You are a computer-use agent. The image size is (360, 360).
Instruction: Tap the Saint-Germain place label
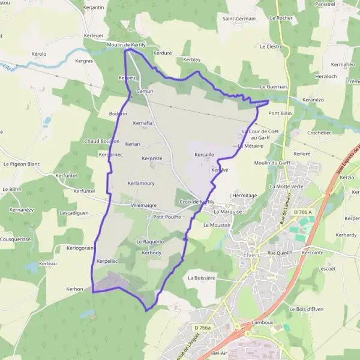[239, 19]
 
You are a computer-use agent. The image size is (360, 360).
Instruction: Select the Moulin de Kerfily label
[126, 45]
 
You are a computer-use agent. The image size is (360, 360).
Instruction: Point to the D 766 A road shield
[305, 212]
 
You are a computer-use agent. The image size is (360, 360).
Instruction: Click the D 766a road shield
[203, 328]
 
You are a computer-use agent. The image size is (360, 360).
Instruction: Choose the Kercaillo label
[205, 154]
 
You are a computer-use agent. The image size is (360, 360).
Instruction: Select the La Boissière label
[201, 278]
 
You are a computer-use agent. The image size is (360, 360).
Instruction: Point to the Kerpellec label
[107, 262]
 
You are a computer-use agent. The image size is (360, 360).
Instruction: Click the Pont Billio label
[280, 113]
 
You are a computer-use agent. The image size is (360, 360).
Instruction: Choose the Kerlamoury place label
[142, 183]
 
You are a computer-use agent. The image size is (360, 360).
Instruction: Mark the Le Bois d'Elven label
[307, 309]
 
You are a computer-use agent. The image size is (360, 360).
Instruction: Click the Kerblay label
[192, 61]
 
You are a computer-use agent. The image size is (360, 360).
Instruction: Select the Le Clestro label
[271, 46]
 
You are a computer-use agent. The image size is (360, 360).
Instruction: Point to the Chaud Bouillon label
[102, 142]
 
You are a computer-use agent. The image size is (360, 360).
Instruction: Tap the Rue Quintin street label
[279, 253]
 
